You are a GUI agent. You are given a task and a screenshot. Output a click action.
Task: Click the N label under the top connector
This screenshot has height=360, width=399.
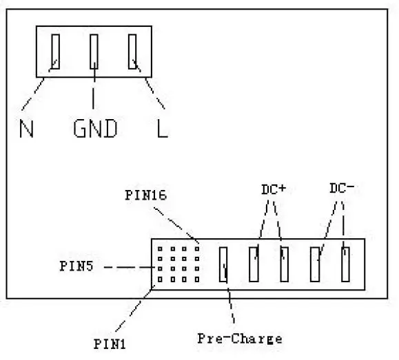point(27,129)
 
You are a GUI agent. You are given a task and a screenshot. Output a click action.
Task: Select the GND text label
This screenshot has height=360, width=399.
point(95,129)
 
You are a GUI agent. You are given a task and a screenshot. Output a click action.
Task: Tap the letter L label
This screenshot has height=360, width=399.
point(162,129)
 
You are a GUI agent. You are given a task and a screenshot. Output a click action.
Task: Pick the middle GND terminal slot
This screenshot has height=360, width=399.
point(94,52)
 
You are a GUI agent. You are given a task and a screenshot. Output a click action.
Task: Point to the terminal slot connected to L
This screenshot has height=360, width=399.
point(133,52)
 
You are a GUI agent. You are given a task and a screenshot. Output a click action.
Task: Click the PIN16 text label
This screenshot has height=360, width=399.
point(146,195)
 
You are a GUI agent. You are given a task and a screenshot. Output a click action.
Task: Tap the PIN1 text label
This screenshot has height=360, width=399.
point(110,341)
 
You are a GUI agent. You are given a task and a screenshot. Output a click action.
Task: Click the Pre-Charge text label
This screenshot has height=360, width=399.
point(240,339)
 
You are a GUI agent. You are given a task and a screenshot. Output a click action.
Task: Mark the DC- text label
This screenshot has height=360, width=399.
point(342,188)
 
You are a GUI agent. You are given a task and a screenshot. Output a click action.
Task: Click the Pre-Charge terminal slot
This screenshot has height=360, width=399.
point(223,265)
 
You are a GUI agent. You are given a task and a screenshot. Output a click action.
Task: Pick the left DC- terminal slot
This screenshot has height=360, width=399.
point(316,264)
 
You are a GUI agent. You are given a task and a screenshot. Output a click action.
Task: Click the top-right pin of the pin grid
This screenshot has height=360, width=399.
point(196,248)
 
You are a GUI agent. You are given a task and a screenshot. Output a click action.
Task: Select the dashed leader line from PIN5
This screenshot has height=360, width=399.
point(131,266)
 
